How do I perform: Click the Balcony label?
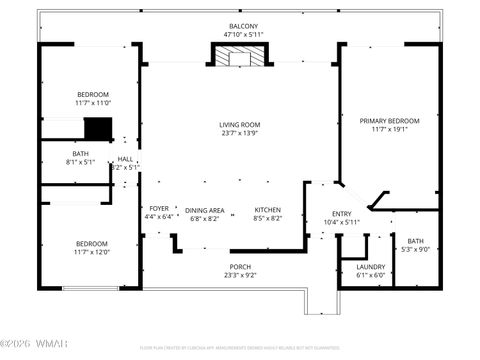pyautogui.click(x=242, y=26)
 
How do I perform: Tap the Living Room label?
pyautogui.click(x=239, y=125)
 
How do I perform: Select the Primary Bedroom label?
pyautogui.click(x=389, y=120)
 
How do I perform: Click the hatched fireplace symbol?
pyautogui.click(x=239, y=57)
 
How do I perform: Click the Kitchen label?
pyautogui.click(x=267, y=210)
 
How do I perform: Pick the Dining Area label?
pyautogui.click(x=204, y=210)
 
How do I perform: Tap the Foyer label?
pyautogui.click(x=159, y=209)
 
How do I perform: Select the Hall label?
pyautogui.click(x=125, y=159)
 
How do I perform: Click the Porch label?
pyautogui.click(x=240, y=267)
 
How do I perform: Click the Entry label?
pyautogui.click(x=342, y=213)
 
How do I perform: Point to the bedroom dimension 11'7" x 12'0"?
pyautogui.click(x=92, y=251)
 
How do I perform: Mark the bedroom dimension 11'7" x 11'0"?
pyautogui.click(x=92, y=102)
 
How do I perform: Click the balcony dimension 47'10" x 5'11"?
pyautogui.click(x=242, y=34)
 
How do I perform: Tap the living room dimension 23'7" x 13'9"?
pyautogui.click(x=239, y=133)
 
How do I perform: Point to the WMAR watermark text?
pyautogui.click(x=36, y=348)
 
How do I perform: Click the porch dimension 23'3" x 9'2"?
pyautogui.click(x=240, y=275)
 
